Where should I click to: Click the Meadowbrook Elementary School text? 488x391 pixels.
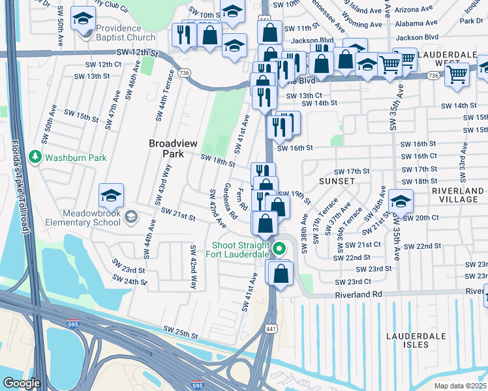[83, 218]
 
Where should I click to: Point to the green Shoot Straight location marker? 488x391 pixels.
[280, 248]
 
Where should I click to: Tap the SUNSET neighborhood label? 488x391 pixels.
[337, 181]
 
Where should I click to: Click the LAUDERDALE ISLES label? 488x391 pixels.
[416, 340]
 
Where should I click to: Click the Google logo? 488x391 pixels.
[22, 383]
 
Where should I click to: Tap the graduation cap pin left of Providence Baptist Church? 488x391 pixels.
[82, 18]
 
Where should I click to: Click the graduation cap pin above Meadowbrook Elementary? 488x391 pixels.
[111, 195]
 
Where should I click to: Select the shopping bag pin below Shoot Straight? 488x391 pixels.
[281, 274]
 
